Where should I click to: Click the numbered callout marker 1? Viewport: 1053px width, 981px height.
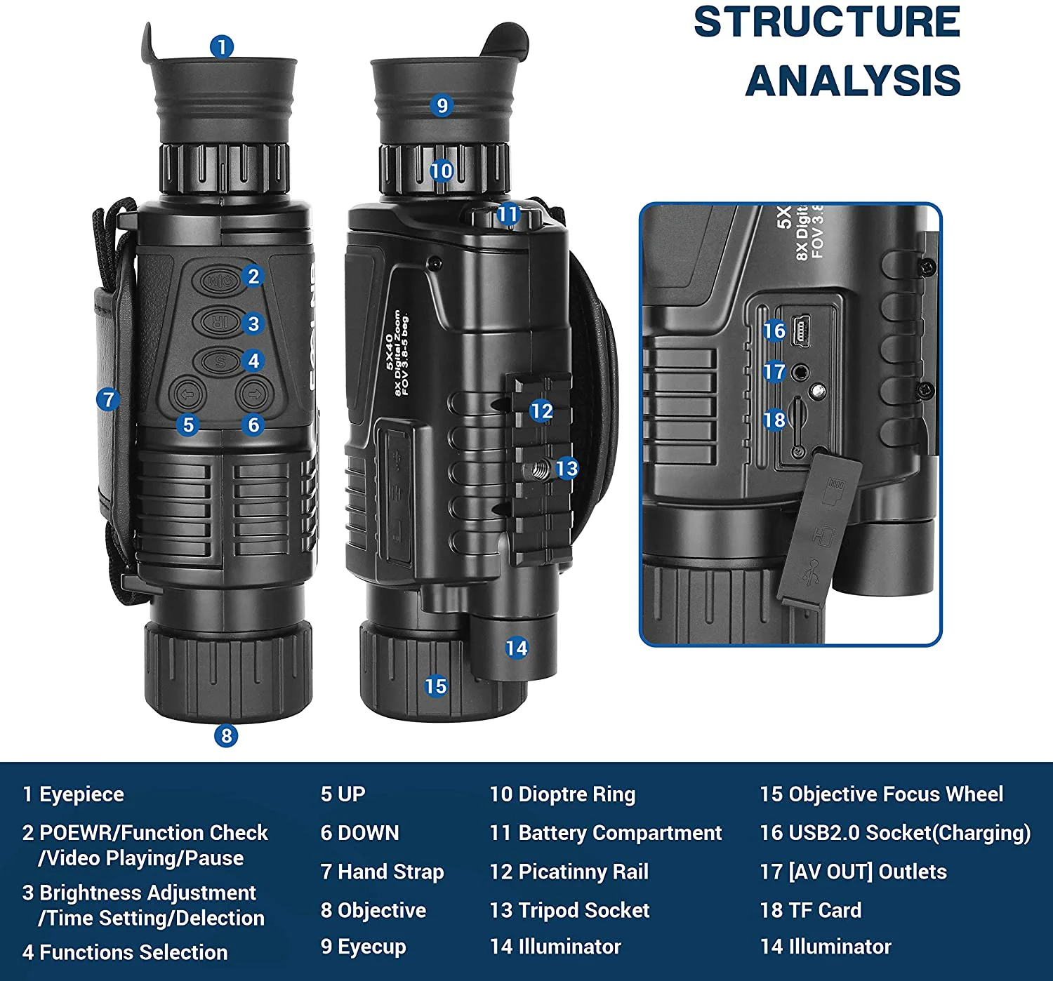tap(221, 47)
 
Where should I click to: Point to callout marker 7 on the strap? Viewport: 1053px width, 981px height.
tap(108, 400)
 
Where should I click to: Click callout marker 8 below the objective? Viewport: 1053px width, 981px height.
tap(226, 735)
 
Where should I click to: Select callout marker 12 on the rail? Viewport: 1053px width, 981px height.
tap(541, 411)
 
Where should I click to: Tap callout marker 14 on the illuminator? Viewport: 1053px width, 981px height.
tap(516, 648)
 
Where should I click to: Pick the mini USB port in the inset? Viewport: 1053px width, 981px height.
tap(802, 330)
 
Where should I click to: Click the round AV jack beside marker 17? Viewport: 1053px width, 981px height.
tap(800, 373)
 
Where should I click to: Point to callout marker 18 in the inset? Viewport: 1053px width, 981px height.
tap(774, 420)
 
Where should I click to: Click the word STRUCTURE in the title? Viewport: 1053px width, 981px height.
tap(827, 22)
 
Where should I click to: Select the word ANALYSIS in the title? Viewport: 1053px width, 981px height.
tap(852, 81)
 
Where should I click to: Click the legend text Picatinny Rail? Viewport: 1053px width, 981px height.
tap(583, 872)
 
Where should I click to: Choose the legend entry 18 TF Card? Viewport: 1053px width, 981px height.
tap(811, 910)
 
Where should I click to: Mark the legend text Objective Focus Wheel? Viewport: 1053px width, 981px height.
tap(895, 794)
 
